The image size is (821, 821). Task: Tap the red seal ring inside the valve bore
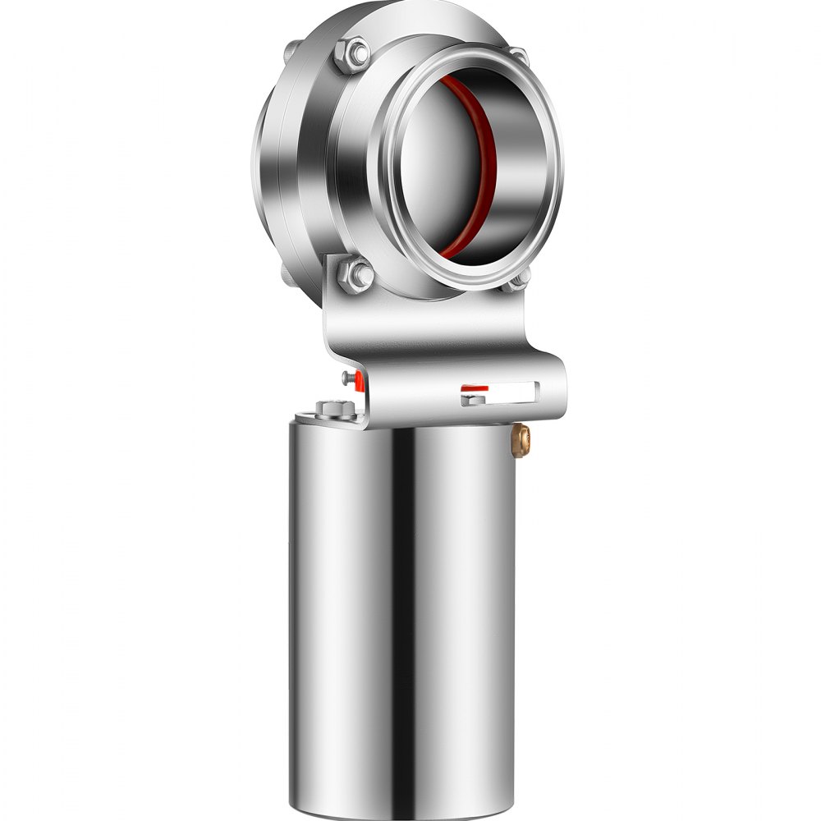click(x=484, y=164)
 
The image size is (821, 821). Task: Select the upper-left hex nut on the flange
click(x=355, y=53)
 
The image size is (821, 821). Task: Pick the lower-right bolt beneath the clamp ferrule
click(x=519, y=281)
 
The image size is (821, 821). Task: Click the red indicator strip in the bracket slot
click(x=475, y=388)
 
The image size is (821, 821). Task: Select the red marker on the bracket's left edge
click(x=359, y=378)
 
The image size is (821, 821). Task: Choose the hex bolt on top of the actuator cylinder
click(x=333, y=407)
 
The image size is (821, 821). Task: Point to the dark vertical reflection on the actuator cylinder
click(x=404, y=616)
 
